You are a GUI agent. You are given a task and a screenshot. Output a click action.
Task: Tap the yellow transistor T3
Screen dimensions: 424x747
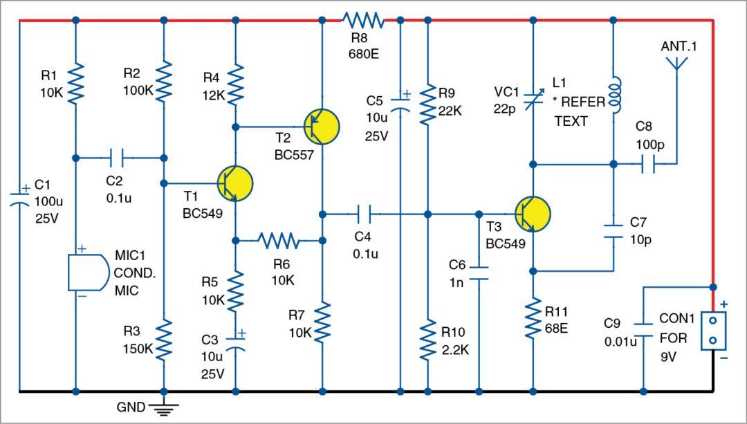[x=533, y=214]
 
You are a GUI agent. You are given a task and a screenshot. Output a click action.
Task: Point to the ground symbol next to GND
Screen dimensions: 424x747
[x=164, y=409]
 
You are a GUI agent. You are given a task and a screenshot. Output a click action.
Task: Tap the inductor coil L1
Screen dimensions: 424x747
[x=614, y=95]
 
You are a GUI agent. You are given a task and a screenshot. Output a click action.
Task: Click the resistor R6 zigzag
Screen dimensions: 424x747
[x=279, y=241]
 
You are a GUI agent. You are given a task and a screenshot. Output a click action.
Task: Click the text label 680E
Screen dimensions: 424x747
[x=363, y=53]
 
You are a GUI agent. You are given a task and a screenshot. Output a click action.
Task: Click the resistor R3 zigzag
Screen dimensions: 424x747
[x=164, y=340]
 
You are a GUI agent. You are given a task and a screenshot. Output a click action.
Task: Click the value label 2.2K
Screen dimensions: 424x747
[x=455, y=349]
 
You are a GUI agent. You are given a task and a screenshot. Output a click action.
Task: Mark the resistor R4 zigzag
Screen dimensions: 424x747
[x=236, y=83]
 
